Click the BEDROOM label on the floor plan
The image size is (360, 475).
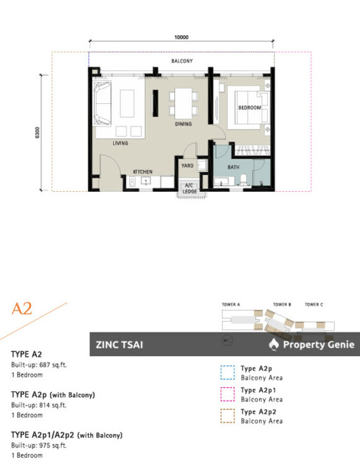click(x=250, y=108)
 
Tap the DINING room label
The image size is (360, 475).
click(x=184, y=124)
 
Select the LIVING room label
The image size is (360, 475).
click(x=120, y=143)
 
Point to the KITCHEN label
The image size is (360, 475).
click(x=143, y=171)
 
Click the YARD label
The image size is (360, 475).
click(x=187, y=166)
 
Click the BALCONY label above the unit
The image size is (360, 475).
click(x=182, y=61)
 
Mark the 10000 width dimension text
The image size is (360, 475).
click(x=182, y=37)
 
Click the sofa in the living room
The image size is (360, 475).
click(x=102, y=102)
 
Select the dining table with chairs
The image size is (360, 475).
click(x=182, y=102)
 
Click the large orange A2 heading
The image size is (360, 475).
click(x=22, y=308)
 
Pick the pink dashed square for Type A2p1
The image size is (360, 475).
click(x=227, y=394)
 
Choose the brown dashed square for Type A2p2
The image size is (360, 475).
click(x=227, y=416)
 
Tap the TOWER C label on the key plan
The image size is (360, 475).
click(x=314, y=304)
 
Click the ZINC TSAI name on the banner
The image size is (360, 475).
click(x=120, y=345)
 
